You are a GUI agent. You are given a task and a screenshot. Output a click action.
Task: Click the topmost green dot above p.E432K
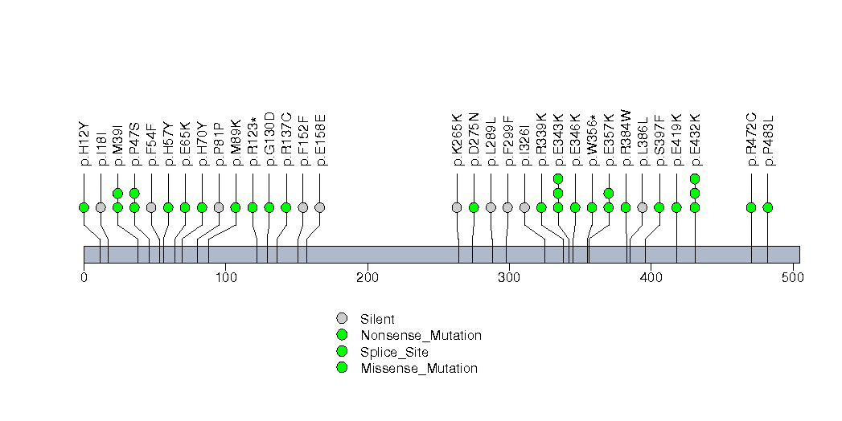(695, 178)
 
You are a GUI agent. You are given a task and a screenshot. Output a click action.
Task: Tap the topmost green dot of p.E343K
(558, 178)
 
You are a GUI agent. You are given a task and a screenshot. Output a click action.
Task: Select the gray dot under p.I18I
(101, 207)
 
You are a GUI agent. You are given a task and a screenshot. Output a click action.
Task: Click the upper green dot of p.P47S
(134, 193)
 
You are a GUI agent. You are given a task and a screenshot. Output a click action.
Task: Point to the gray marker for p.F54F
(151, 207)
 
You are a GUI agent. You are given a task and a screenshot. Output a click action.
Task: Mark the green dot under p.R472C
(751, 207)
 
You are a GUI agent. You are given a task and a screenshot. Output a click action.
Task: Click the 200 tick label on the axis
(368, 278)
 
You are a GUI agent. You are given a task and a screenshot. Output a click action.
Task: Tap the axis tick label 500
(792, 278)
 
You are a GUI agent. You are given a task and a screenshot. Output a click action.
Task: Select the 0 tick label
(84, 278)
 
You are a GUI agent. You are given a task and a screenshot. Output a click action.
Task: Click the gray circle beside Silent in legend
(342, 319)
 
